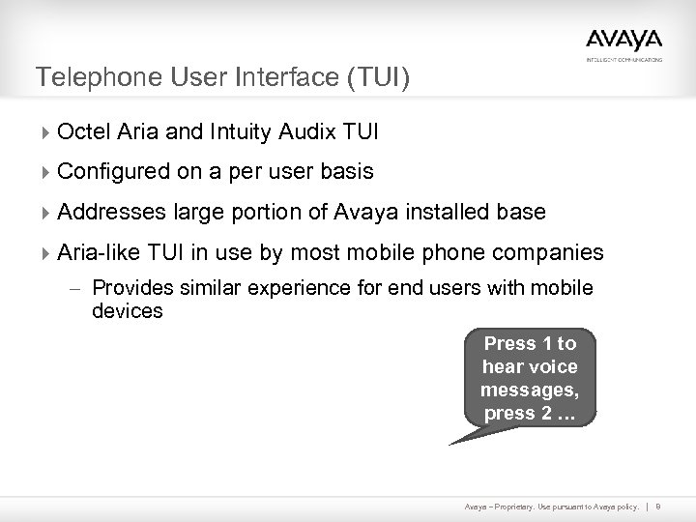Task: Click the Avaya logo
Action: point(623,42)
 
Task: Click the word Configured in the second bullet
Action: point(110,171)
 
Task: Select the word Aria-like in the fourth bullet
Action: point(97,252)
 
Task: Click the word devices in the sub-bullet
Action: point(128,311)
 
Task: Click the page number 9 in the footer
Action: point(657,507)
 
